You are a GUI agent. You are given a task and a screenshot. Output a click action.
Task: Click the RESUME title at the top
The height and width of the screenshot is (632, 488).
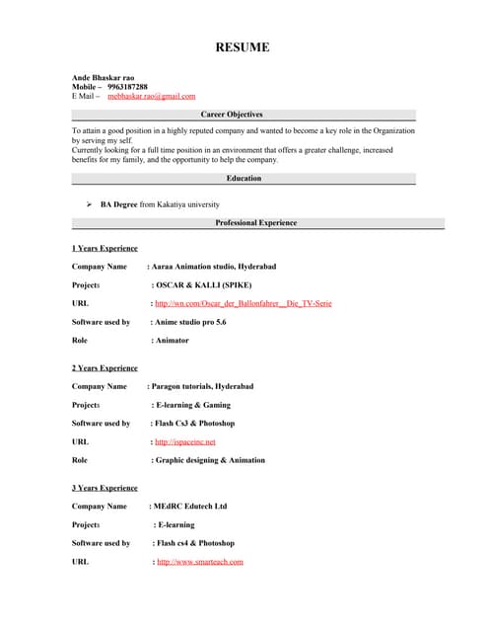coord(243,47)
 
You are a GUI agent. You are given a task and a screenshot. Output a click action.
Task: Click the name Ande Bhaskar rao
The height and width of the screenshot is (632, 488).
coord(104,77)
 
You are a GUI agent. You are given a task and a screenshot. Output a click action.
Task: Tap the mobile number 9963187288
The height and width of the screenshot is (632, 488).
coord(127,87)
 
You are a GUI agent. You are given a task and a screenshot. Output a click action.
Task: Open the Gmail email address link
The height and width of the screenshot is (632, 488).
coord(151,96)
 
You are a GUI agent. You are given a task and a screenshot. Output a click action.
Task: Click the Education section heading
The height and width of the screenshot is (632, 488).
coord(244,179)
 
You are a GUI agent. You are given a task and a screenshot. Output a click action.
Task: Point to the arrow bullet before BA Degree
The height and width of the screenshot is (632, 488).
coord(89,204)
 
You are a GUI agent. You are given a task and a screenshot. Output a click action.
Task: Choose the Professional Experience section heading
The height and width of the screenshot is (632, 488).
coord(255,223)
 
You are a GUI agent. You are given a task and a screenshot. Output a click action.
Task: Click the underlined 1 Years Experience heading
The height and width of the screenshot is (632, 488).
coord(105,248)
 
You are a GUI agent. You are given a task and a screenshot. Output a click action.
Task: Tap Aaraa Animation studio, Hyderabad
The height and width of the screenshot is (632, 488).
coord(214,267)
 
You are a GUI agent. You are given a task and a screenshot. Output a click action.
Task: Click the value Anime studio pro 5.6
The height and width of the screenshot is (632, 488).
coord(190,322)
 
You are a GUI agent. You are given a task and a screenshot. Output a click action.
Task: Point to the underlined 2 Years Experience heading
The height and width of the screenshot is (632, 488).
coord(105,367)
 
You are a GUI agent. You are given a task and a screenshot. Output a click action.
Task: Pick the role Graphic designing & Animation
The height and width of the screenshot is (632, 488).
coord(209,460)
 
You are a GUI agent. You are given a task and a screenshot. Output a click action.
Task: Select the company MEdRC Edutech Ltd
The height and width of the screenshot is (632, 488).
coord(190,506)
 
